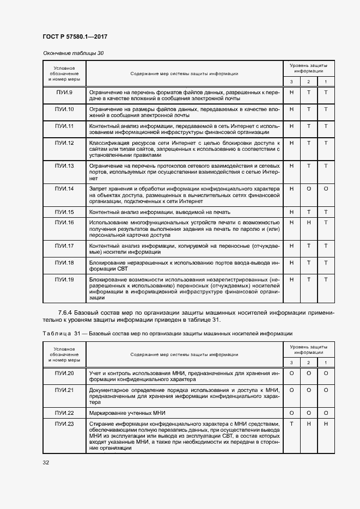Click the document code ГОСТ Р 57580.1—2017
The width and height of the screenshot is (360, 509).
[75, 36]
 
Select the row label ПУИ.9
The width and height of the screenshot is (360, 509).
[64, 92]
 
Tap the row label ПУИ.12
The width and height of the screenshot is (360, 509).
[64, 143]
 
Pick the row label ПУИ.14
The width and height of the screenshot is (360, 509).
[64, 188]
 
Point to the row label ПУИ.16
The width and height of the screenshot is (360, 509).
[64, 222]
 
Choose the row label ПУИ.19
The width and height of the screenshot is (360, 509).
[64, 279]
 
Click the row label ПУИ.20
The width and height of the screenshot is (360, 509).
[64, 373]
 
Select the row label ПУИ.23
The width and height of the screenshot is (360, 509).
[64, 424]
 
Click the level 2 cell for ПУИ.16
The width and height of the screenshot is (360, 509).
[309, 222]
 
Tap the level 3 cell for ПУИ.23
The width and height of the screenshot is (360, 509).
[291, 424]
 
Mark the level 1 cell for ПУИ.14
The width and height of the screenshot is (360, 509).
[326, 188]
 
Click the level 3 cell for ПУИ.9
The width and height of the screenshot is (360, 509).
[291, 92]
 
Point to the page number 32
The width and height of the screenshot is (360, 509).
[46, 462]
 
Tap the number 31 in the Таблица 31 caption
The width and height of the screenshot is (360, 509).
[76, 333]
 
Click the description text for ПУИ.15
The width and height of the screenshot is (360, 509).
[160, 212]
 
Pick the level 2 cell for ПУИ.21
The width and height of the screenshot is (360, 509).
[309, 390]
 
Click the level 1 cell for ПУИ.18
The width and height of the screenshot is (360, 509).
[326, 262]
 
